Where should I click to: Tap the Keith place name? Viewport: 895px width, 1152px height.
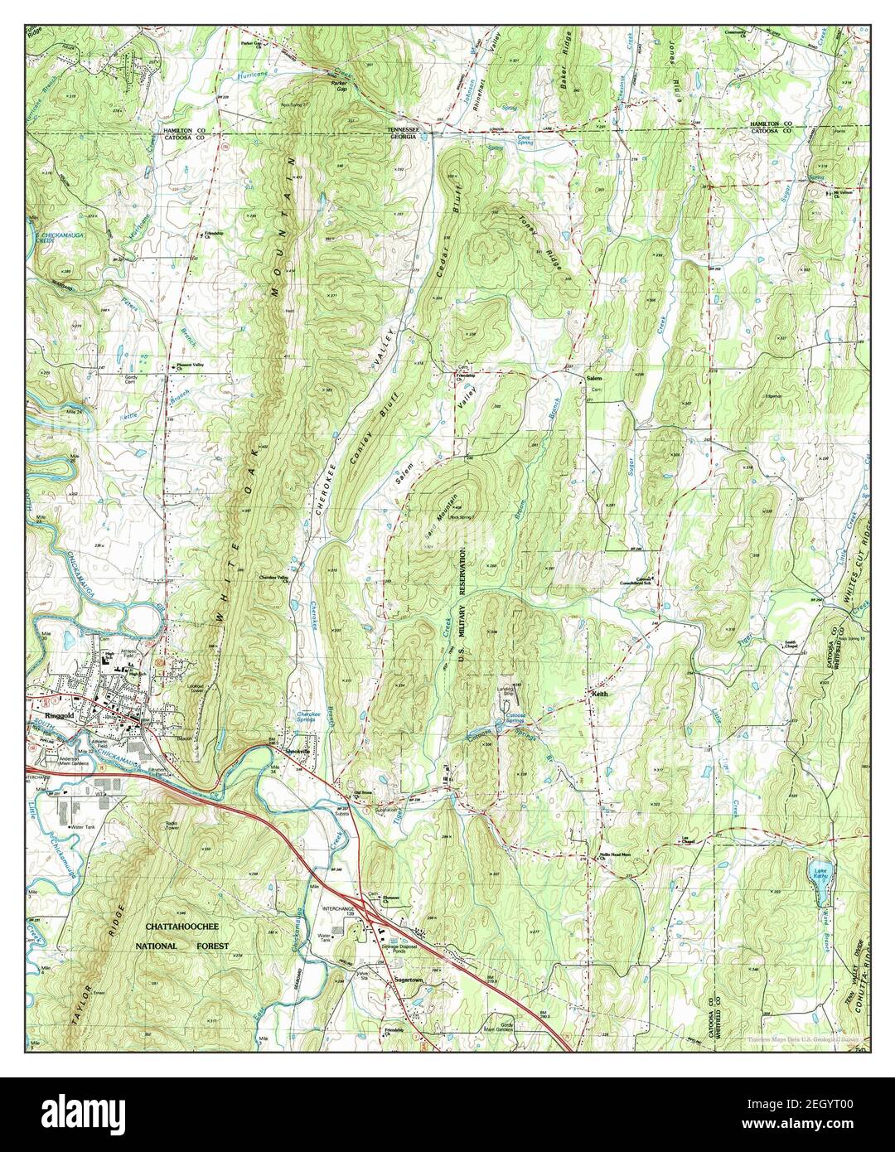(600, 695)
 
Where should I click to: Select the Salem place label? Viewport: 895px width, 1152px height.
(593, 378)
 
